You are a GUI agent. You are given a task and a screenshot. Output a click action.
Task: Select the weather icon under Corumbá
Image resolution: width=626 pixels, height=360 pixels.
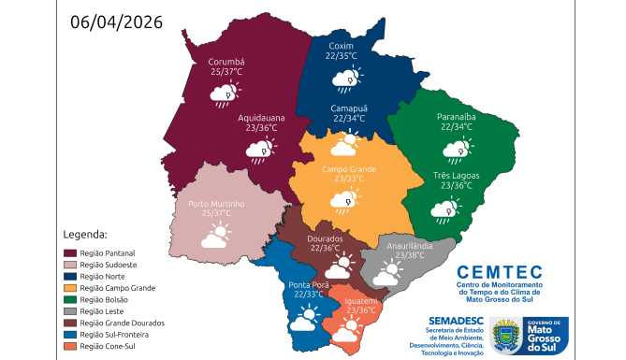click(224, 94)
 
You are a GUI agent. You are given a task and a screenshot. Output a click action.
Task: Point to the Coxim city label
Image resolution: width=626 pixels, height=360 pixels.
click(341, 46)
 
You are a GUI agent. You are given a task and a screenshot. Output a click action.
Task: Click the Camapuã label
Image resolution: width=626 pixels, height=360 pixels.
click(349, 108)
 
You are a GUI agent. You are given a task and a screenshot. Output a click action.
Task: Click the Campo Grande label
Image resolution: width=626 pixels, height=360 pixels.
click(348, 168)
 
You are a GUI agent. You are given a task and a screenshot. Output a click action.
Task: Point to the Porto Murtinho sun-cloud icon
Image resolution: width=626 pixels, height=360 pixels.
click(216, 235)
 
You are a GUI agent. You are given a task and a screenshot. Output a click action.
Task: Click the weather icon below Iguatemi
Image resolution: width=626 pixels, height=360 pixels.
click(347, 329)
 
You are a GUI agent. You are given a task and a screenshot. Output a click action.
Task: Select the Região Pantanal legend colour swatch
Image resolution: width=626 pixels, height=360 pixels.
click(70, 253)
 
